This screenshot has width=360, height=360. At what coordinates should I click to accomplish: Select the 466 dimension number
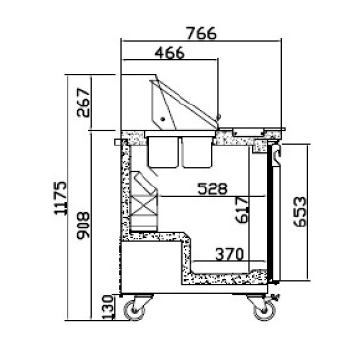click(169, 53)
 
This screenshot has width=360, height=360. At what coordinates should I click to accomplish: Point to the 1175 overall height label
click(61, 197)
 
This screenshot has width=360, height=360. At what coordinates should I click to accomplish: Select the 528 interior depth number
click(212, 189)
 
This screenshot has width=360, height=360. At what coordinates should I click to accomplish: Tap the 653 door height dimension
click(298, 212)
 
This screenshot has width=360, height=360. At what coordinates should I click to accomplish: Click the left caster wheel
click(136, 310)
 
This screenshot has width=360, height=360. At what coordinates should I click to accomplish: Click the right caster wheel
click(263, 310)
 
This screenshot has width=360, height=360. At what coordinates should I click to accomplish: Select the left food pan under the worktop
click(163, 151)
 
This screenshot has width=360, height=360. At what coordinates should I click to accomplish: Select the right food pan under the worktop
click(197, 151)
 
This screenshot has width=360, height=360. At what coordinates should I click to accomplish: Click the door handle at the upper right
click(276, 155)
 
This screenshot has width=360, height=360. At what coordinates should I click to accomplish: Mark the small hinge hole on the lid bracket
click(161, 119)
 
